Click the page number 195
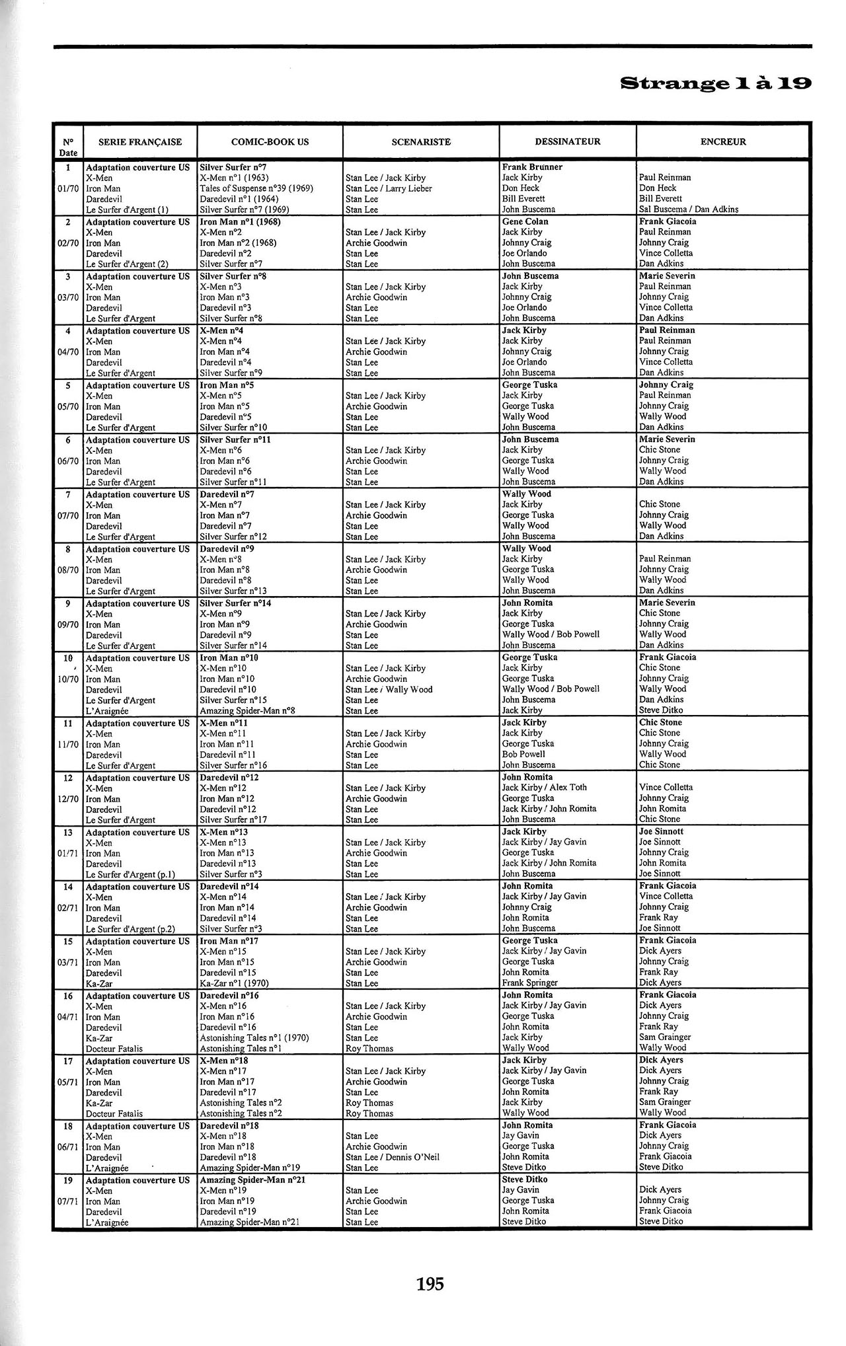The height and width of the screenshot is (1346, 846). coord(430,1284)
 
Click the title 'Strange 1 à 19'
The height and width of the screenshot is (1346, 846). coord(715,84)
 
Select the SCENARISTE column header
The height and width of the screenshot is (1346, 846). coord(420,141)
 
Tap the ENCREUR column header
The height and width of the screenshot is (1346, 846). coord(723,141)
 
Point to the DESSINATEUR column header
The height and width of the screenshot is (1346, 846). coord(567,141)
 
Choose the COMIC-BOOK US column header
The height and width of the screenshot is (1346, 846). coord(270,141)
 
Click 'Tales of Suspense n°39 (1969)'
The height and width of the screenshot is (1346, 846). coord(256,188)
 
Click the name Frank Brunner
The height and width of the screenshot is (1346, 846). coord(532,167)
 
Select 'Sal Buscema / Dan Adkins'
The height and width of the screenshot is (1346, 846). coord(689,209)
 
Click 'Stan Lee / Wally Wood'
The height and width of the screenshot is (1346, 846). coord(389,690)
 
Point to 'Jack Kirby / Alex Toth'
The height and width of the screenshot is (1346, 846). coord(544,788)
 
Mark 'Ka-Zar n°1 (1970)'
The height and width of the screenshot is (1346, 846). coord(234,983)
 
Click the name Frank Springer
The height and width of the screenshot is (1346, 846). coord(529,983)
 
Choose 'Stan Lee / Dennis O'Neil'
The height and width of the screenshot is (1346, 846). coord(392,1158)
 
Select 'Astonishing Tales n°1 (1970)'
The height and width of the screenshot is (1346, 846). coord(254,1038)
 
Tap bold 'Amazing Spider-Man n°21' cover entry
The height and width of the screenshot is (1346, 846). coord(252,1180)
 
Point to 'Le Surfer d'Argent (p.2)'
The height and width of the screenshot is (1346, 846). coord(130,929)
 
